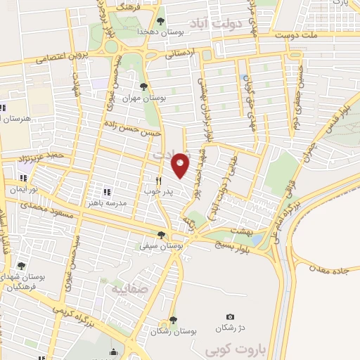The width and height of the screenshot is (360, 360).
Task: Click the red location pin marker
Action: [180, 165]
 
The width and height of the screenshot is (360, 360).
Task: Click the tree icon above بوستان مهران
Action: [143, 87]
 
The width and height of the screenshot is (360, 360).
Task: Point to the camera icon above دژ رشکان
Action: [230, 318]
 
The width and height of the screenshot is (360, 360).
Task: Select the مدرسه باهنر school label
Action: [107, 202]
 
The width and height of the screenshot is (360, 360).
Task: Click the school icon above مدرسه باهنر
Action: [107, 191]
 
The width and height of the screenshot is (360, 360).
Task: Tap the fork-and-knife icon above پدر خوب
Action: [158, 180]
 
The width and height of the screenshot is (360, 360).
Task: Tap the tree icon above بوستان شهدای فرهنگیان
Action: [21, 266]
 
